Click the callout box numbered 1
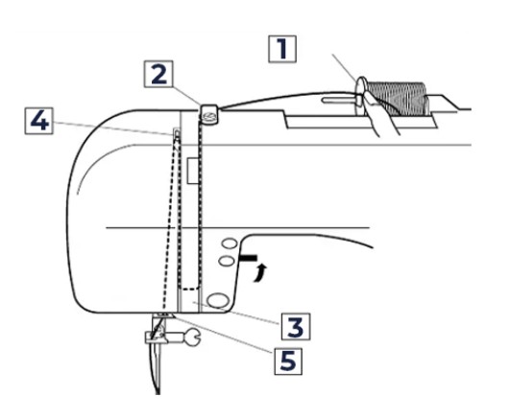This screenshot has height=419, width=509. coord(282,49)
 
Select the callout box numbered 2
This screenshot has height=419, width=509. coord(158,74)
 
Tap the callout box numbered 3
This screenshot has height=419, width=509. coord(296,326)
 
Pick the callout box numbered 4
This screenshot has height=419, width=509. coord(39,121)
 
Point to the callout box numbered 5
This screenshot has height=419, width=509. coord(288,361)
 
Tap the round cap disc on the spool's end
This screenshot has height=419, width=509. coord(361,96)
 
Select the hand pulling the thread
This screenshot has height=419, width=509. coord(379,112)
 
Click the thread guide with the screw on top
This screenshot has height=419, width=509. coord(209,113)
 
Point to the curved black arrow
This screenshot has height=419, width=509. coord(260,272)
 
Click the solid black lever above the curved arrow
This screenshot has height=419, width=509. coord(248,258)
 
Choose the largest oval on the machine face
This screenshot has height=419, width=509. coord(218,300)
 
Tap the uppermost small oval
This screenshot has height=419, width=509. coord(230,244)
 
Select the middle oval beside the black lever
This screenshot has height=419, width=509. coord(227,261)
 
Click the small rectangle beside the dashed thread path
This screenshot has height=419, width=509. coord(193,171)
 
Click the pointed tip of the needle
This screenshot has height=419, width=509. coord(158,393)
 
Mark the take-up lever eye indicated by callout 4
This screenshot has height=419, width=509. coord(177,133)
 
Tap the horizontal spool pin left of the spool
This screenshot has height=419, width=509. coord(339,100)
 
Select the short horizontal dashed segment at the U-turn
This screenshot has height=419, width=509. coord(189,288)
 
